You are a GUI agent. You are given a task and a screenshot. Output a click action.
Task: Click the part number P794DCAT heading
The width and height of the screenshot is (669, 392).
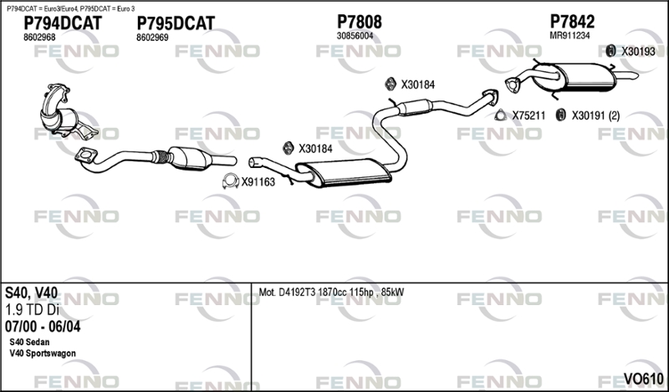[x=63, y=23]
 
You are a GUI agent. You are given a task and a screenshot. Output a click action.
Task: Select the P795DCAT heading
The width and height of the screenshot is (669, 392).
[x=176, y=23]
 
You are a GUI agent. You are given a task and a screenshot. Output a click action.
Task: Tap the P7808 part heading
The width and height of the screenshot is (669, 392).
[x=360, y=22]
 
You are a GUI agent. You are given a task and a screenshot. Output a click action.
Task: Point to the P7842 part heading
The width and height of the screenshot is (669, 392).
[x=572, y=22]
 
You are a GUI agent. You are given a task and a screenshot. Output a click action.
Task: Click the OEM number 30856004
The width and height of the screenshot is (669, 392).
[x=355, y=36]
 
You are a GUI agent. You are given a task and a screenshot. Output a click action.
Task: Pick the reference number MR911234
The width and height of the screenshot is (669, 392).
[x=569, y=36]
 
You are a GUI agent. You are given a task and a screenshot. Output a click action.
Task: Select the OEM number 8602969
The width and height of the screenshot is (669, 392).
[x=152, y=38]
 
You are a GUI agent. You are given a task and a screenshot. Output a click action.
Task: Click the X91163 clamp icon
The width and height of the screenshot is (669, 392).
[x=231, y=181]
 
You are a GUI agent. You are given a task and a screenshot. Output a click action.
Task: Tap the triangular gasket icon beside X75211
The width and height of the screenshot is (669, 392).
[x=500, y=115]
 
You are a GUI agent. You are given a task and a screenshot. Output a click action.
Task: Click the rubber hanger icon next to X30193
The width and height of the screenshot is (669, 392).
[x=611, y=51]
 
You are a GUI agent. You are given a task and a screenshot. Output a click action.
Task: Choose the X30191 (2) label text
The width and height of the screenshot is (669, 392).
[x=595, y=115]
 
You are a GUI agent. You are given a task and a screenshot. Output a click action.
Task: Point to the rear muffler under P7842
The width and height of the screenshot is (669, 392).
[x=585, y=77]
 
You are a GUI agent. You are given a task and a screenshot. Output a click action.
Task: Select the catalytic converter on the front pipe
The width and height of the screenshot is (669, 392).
[x=190, y=158]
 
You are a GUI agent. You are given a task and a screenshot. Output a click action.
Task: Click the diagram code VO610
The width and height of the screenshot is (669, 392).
[x=643, y=379]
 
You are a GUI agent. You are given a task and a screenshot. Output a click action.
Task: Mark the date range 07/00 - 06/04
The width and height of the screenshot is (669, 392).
[x=43, y=327]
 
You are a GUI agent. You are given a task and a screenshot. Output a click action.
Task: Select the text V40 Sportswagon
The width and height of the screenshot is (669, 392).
[x=43, y=354]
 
